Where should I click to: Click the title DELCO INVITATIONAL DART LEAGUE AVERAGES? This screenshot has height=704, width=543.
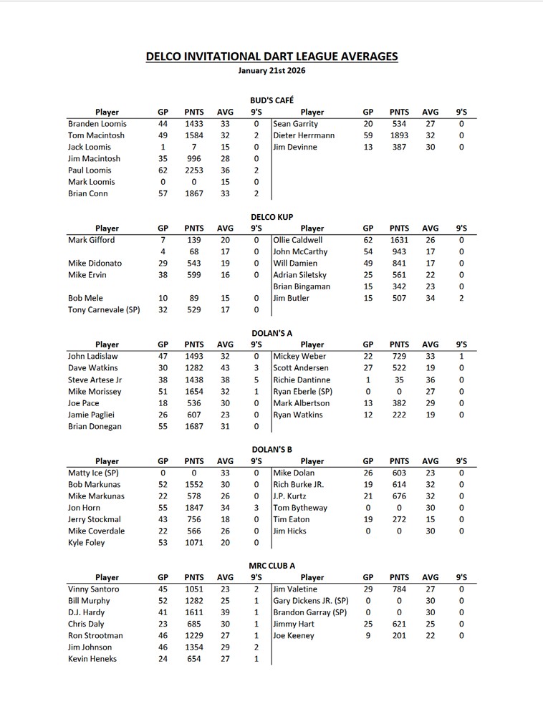click(x=271, y=56)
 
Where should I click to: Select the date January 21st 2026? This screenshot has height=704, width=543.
click(x=271, y=71)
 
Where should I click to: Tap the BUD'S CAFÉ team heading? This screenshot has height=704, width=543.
click(x=271, y=100)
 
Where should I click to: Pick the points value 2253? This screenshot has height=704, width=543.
click(x=194, y=170)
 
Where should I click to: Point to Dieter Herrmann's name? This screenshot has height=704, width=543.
click(x=304, y=135)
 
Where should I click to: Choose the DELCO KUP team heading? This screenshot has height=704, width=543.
click(x=271, y=217)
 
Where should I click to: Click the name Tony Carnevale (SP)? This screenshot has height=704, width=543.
click(x=104, y=309)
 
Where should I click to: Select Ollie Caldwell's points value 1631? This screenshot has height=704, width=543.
click(x=399, y=240)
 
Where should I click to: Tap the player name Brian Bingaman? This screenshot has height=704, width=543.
click(x=302, y=286)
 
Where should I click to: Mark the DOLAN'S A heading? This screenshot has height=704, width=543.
click(x=271, y=333)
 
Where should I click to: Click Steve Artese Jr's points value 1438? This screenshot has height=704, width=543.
click(x=194, y=380)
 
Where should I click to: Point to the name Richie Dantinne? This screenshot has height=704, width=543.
click(x=302, y=380)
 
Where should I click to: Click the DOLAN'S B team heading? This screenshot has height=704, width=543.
click(x=271, y=449)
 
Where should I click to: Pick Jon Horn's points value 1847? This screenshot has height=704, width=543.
click(x=194, y=508)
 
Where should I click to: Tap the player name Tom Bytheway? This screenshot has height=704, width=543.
click(x=300, y=508)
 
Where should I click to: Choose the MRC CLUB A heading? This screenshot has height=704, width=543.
click(x=271, y=566)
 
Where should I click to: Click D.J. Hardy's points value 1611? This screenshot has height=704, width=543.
click(x=194, y=612)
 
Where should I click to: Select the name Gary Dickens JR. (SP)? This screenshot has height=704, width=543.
click(x=311, y=601)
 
